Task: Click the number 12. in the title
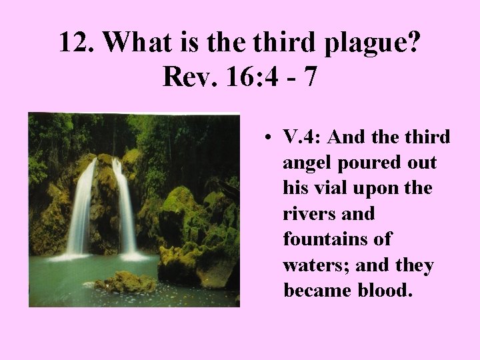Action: [78, 43]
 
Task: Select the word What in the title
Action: [137, 43]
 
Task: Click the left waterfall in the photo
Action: [81, 207]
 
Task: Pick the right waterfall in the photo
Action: [127, 207]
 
